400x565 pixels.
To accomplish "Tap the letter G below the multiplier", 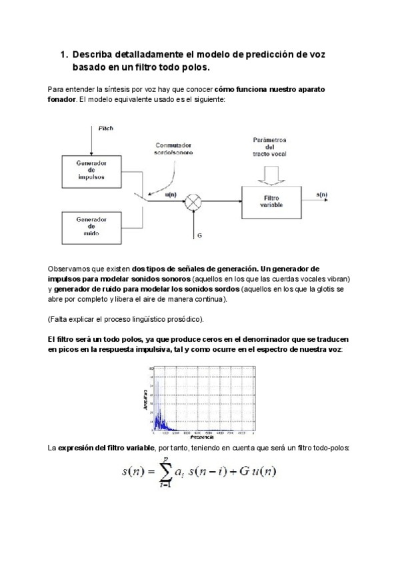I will pyautogui.click(x=199, y=236).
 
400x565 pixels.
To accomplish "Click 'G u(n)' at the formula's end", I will pyautogui.click(x=261, y=472).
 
